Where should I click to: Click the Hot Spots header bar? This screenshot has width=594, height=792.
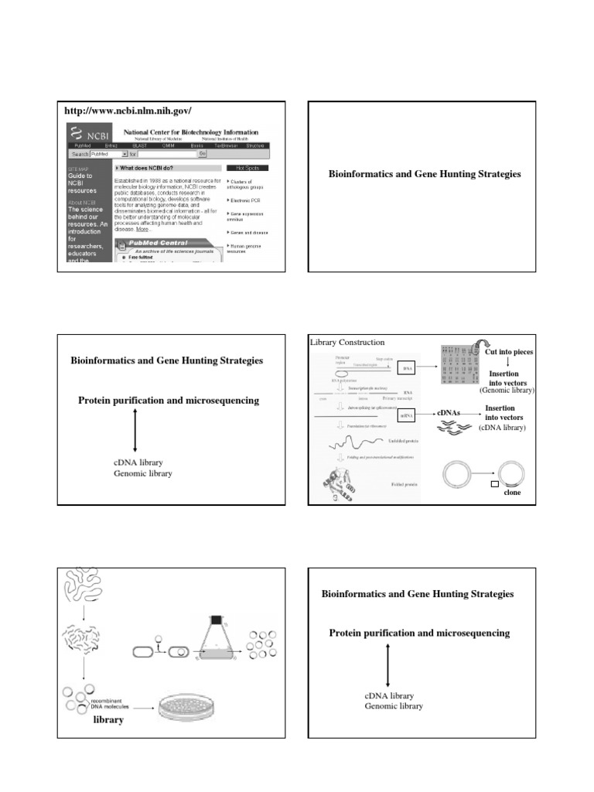coord(247,168)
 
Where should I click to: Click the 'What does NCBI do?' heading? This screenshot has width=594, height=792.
coord(148,168)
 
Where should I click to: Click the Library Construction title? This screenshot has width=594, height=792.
coord(347,342)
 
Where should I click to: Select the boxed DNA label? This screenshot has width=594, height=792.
coord(408,370)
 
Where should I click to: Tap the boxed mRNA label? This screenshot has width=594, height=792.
coord(408,416)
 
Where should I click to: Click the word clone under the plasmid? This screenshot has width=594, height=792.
coord(512,492)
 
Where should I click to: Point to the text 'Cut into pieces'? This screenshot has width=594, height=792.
coord(509,352)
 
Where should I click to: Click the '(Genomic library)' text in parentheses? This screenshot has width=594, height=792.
coord(507,391)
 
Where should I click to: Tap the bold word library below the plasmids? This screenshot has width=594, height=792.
coord(108,719)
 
